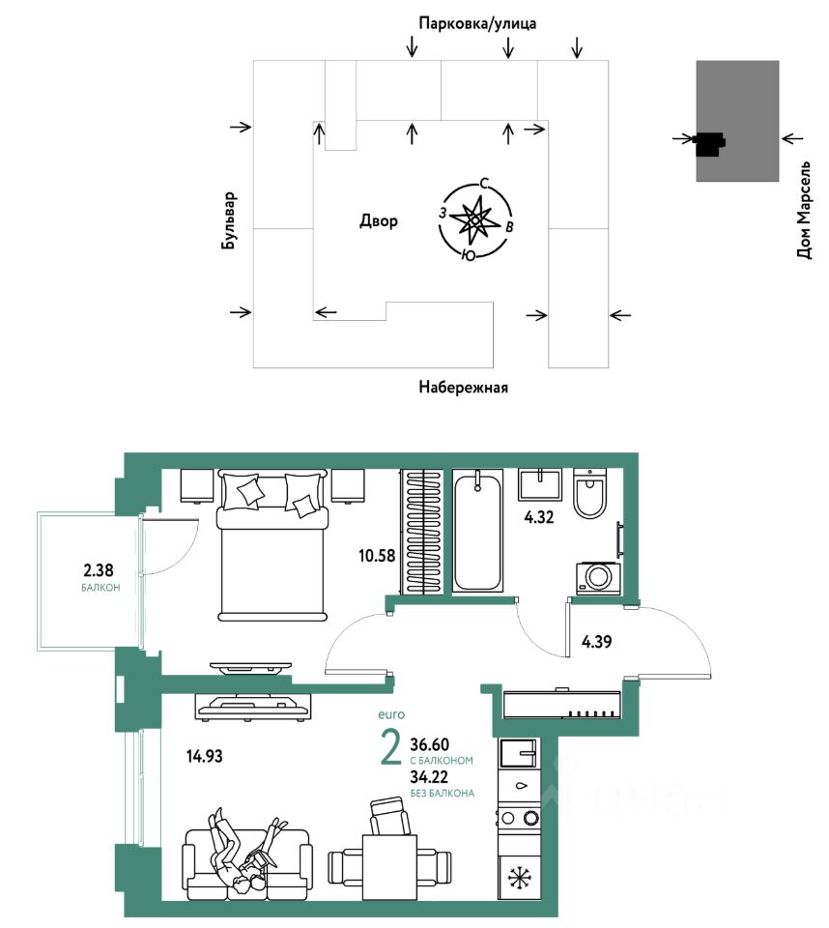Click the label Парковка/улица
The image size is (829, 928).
click(477, 23)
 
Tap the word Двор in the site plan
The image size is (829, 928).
click(379, 221)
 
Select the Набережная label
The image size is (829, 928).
click(464, 387)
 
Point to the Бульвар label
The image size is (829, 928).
click(229, 220)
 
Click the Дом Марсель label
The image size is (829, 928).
click(804, 210)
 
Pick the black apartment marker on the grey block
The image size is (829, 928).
click(710, 143)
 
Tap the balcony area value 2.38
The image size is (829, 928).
click(99, 570)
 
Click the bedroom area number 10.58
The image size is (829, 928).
click(377, 556)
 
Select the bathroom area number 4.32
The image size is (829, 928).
click(539, 517)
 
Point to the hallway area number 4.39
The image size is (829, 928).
click(596, 642)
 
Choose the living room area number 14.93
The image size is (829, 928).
click(205, 756)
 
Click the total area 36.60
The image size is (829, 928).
click(430, 744)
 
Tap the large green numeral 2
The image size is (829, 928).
click(391, 748)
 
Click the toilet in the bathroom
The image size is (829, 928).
click(590, 493)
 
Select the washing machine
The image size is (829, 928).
click(599, 578)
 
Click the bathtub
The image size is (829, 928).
click(477, 531)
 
